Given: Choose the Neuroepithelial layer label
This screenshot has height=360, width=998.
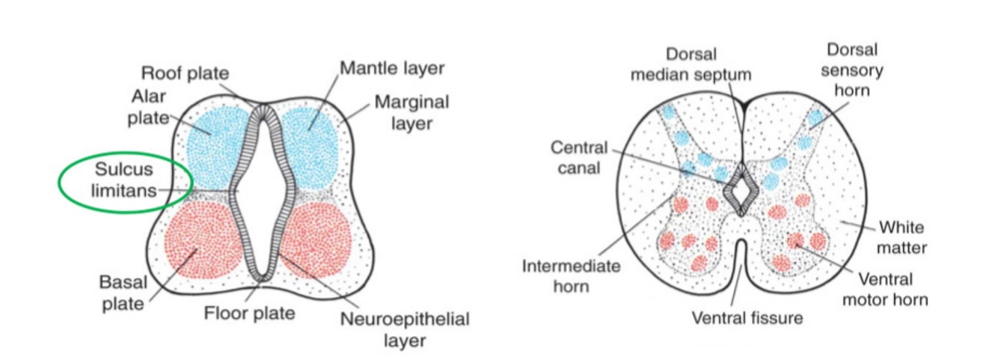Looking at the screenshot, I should pos(405,330).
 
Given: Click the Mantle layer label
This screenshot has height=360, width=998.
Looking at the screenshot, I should pos(392,69).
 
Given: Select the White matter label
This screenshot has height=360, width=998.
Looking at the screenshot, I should pos(901,237).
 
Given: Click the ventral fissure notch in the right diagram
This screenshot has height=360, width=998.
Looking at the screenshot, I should pos(740,254).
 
